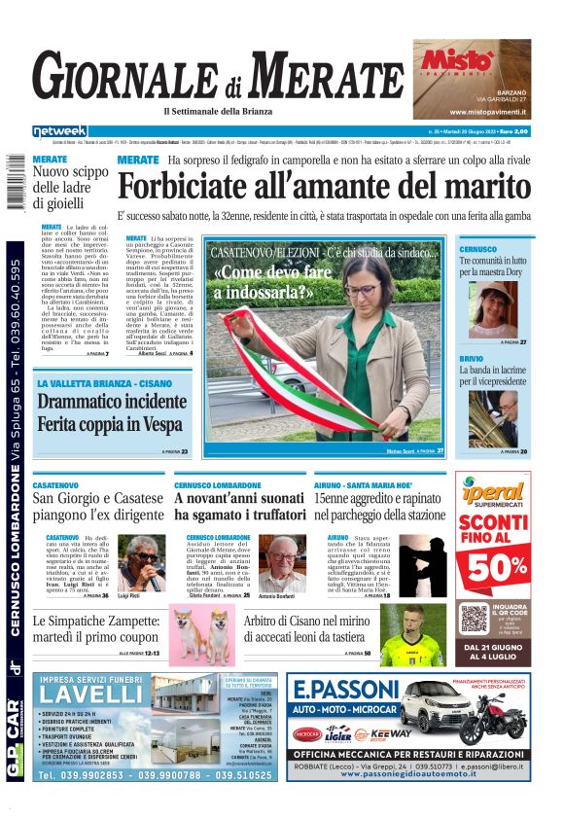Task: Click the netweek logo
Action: pyautogui.click(x=59, y=131)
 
